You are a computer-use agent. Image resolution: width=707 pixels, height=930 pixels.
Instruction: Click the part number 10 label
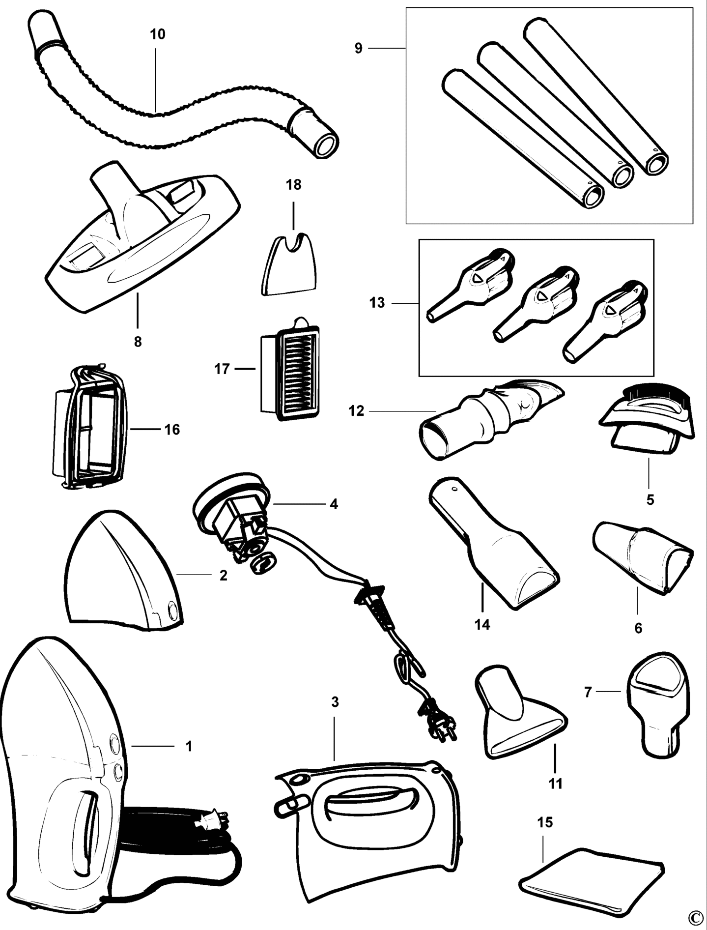(158, 34)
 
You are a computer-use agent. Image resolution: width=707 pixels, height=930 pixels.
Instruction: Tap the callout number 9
(358, 48)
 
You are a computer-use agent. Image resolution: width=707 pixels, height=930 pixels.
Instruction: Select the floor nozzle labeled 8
(142, 246)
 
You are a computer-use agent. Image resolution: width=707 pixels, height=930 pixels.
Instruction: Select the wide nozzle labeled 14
(494, 546)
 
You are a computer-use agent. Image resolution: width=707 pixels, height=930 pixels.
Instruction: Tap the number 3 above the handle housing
(335, 702)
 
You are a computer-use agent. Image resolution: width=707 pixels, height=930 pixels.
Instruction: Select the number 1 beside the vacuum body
(189, 760)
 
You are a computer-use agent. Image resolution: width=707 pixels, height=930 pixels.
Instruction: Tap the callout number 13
(377, 303)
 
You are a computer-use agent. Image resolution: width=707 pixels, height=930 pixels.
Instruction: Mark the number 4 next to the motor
(334, 504)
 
